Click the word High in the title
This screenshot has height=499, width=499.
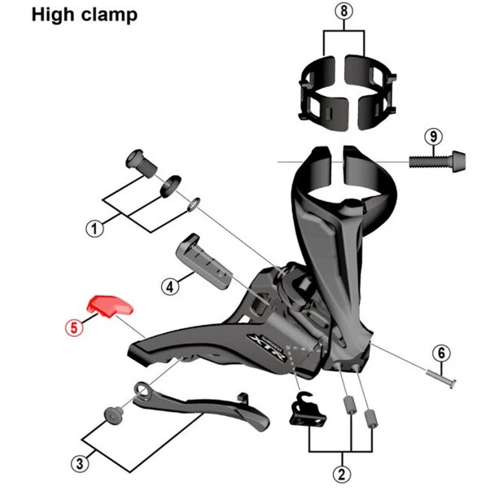(52, 15)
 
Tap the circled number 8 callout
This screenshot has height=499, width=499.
(344, 11)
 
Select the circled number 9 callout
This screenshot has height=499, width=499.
(433, 137)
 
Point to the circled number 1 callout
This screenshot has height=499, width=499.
(94, 229)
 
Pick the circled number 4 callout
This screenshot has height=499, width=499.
(170, 287)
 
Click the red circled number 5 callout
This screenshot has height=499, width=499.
(74, 328)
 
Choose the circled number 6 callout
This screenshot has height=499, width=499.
(441, 353)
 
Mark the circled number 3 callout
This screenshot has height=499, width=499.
(80, 464)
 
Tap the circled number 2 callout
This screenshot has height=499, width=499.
(342, 475)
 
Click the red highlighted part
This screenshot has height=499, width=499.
(109, 306)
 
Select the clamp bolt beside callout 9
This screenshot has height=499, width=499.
(437, 161)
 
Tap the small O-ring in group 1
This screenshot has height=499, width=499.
(194, 204)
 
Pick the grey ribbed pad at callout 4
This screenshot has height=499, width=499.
(204, 261)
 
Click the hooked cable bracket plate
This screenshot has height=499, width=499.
(307, 409)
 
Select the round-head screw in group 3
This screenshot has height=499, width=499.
(114, 415)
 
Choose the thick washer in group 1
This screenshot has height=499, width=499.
(170, 186)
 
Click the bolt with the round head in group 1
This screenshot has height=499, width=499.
(142, 162)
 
